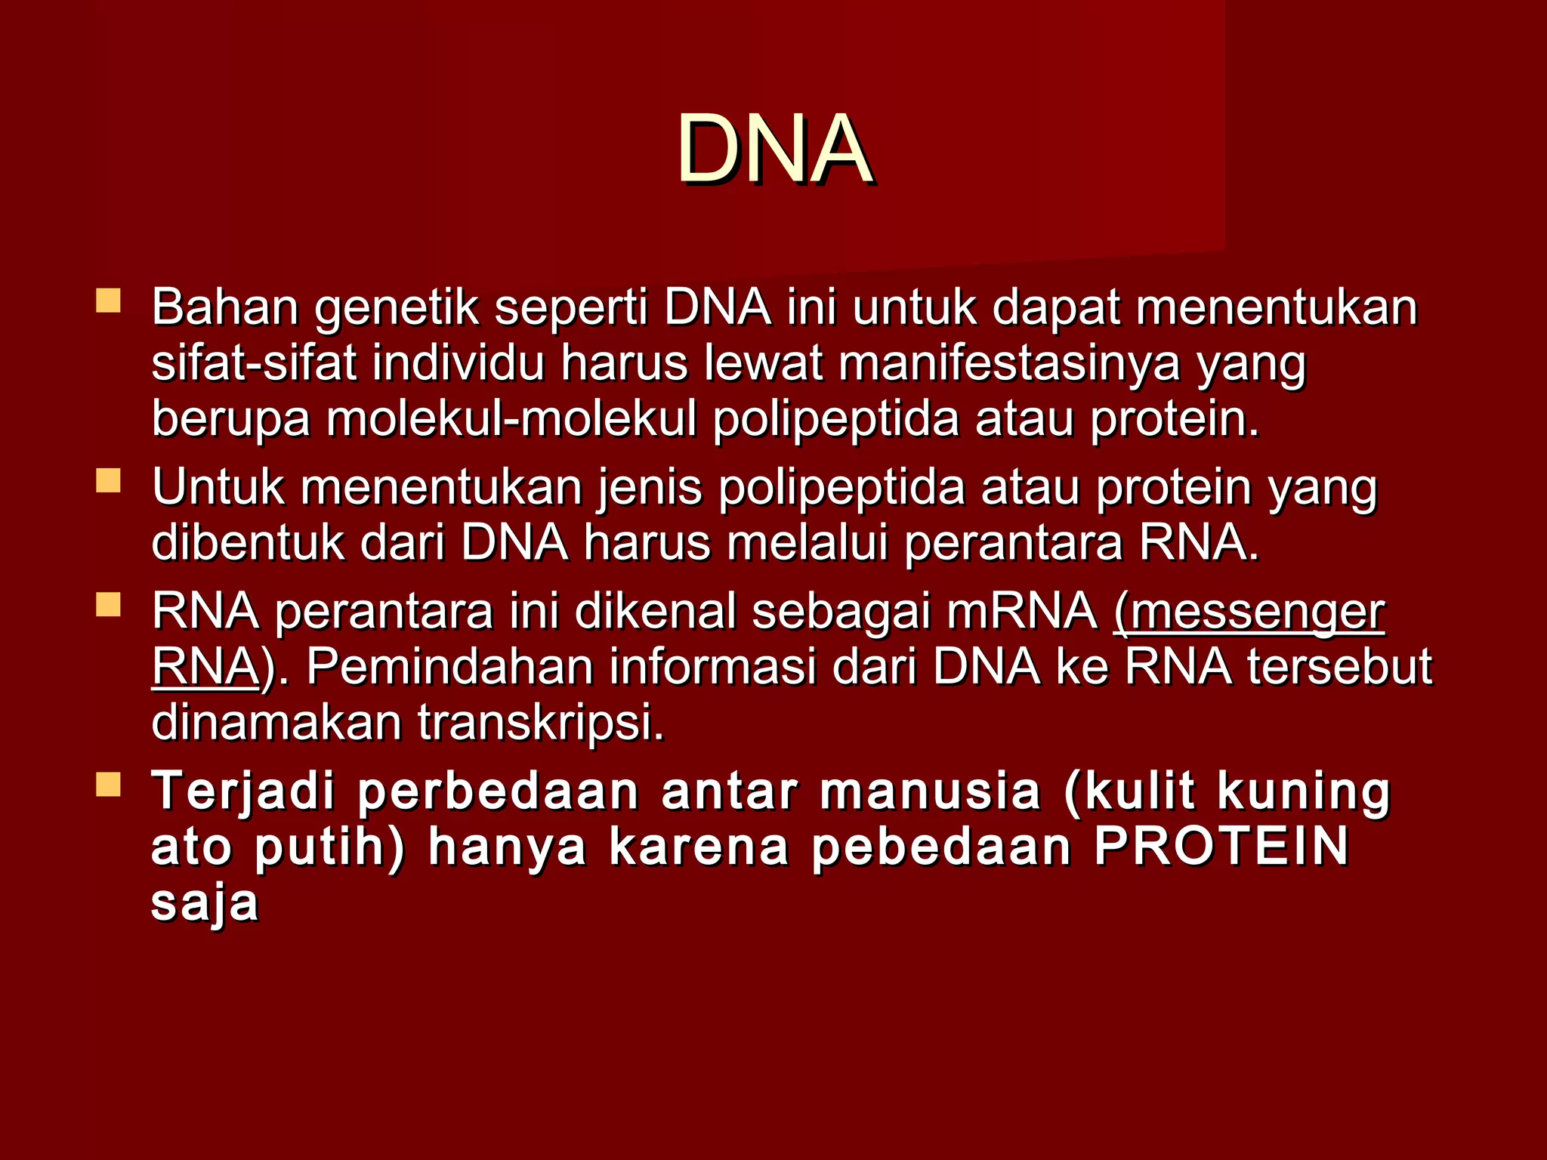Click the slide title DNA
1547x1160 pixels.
773,148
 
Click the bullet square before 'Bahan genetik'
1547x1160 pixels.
108,301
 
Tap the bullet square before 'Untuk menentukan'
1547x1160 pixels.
108,480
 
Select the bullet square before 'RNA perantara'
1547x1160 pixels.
108,605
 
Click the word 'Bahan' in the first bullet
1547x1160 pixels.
225,307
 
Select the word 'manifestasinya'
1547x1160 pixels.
1009,363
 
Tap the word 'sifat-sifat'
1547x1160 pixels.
254,363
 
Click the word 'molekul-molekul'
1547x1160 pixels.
511,419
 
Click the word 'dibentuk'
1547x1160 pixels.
248,543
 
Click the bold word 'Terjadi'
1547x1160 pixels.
243,791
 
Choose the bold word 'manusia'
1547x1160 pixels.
931,791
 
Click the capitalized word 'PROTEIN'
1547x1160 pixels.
1221,847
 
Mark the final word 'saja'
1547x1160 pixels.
205,903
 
